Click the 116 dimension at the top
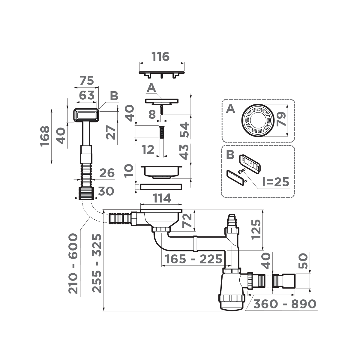tap(161, 56)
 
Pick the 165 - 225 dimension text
tap(193, 259)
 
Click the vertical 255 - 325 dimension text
tap(97, 263)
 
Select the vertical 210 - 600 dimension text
tap(74, 263)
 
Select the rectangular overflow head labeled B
tap(86, 115)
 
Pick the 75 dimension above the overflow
tap(86, 81)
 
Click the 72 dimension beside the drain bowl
tap(187, 221)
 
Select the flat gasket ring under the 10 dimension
tap(161, 187)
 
